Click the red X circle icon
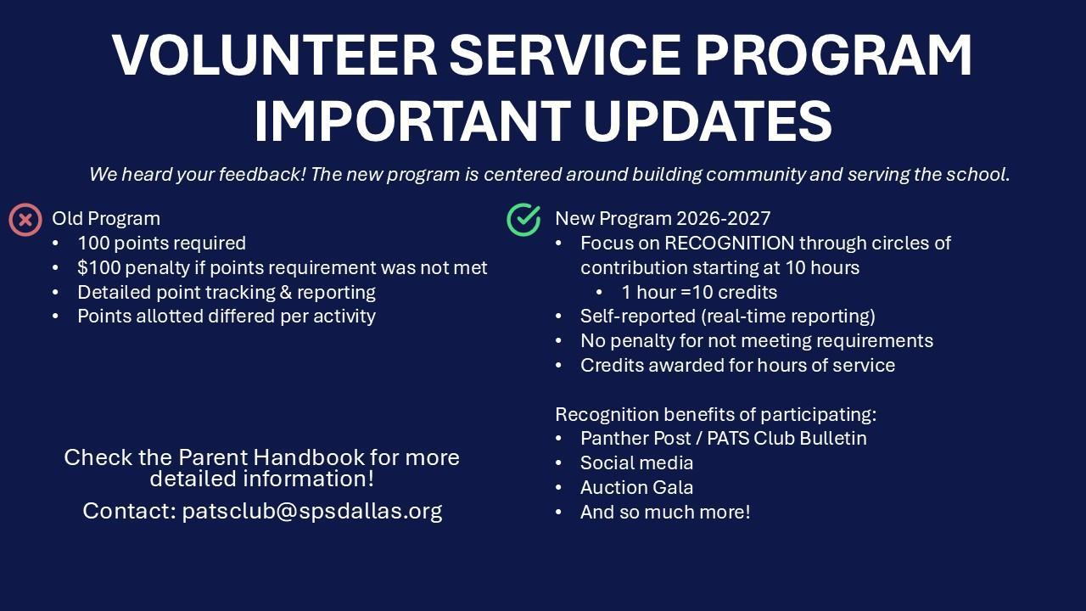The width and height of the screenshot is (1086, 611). pos(25,220)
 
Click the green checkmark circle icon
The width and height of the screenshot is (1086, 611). pos(523,220)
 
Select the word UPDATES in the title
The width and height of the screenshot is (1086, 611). pos(708,121)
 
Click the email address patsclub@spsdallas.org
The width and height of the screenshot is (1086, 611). pos(312,511)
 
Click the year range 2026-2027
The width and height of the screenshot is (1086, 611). pos(724,219)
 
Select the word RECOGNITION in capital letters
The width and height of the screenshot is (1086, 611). pos(729,244)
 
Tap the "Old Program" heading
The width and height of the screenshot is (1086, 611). pos(106,219)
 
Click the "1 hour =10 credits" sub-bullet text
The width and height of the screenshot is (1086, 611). pos(699,293)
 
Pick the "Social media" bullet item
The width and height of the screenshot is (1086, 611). pos(636,463)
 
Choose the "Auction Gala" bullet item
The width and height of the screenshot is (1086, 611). pos(636,487)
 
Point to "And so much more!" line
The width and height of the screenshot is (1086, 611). pos(665,512)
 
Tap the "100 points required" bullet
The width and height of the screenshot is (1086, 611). pos(161,244)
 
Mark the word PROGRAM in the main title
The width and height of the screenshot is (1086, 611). pos(834,55)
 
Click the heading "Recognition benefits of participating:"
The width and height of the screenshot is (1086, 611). pos(715,415)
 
